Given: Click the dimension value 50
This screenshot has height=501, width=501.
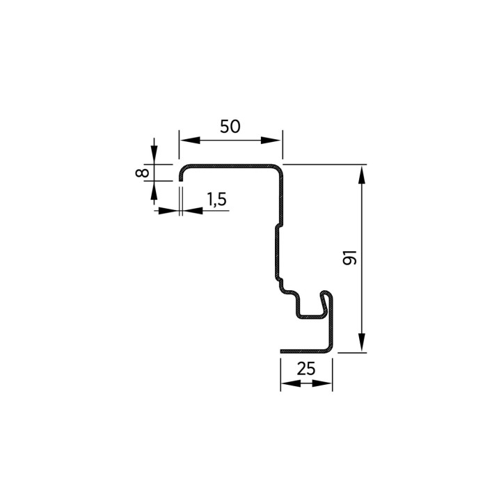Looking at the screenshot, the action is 230,127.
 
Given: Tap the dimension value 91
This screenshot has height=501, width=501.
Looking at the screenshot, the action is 349,257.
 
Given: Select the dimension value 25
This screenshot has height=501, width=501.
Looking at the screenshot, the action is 306,369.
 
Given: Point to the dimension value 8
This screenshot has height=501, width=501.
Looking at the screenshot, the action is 142,173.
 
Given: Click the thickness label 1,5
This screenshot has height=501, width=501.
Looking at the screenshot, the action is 217,199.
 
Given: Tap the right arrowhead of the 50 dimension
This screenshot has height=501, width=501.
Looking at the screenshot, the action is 271,140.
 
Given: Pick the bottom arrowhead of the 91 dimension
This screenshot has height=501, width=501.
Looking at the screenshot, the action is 361,342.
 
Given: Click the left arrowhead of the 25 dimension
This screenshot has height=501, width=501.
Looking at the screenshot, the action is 291,383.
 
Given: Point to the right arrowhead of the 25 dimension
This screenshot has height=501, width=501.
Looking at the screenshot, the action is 322,383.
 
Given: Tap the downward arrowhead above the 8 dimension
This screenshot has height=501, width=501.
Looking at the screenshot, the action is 154,154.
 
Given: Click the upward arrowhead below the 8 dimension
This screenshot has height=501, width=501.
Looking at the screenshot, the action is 154,191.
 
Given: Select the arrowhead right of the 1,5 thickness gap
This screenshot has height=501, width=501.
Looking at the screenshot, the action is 192,211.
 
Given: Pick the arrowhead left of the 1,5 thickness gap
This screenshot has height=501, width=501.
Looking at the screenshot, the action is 168,211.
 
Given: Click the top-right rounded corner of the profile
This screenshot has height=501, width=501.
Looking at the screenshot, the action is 278,169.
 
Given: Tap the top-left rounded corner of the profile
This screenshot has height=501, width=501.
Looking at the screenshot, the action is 184,170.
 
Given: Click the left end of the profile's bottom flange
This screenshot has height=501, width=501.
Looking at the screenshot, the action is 282,351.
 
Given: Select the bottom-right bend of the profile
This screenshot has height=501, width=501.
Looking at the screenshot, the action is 329,349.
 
